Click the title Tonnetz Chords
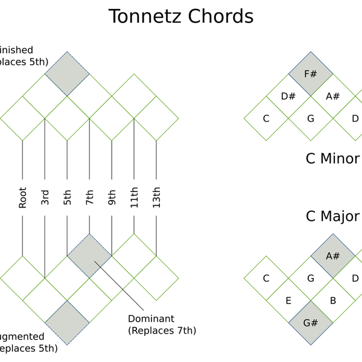[x=180, y=16]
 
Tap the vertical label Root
[x=22, y=197]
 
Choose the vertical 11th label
[x=134, y=197]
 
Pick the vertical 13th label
[x=156, y=197]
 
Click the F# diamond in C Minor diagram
[x=311, y=74]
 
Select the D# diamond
[x=288, y=96]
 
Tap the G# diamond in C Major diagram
[x=311, y=322]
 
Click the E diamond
[x=288, y=300]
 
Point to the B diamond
[x=333, y=300]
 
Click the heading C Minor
[x=332, y=159]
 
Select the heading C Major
[x=332, y=216]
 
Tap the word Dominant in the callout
[x=151, y=318]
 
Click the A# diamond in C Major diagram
[x=333, y=256]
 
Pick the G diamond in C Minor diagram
[x=311, y=118]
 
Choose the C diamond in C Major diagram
[x=266, y=278]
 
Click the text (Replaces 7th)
[x=162, y=330]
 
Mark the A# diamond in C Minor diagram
[x=333, y=96]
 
